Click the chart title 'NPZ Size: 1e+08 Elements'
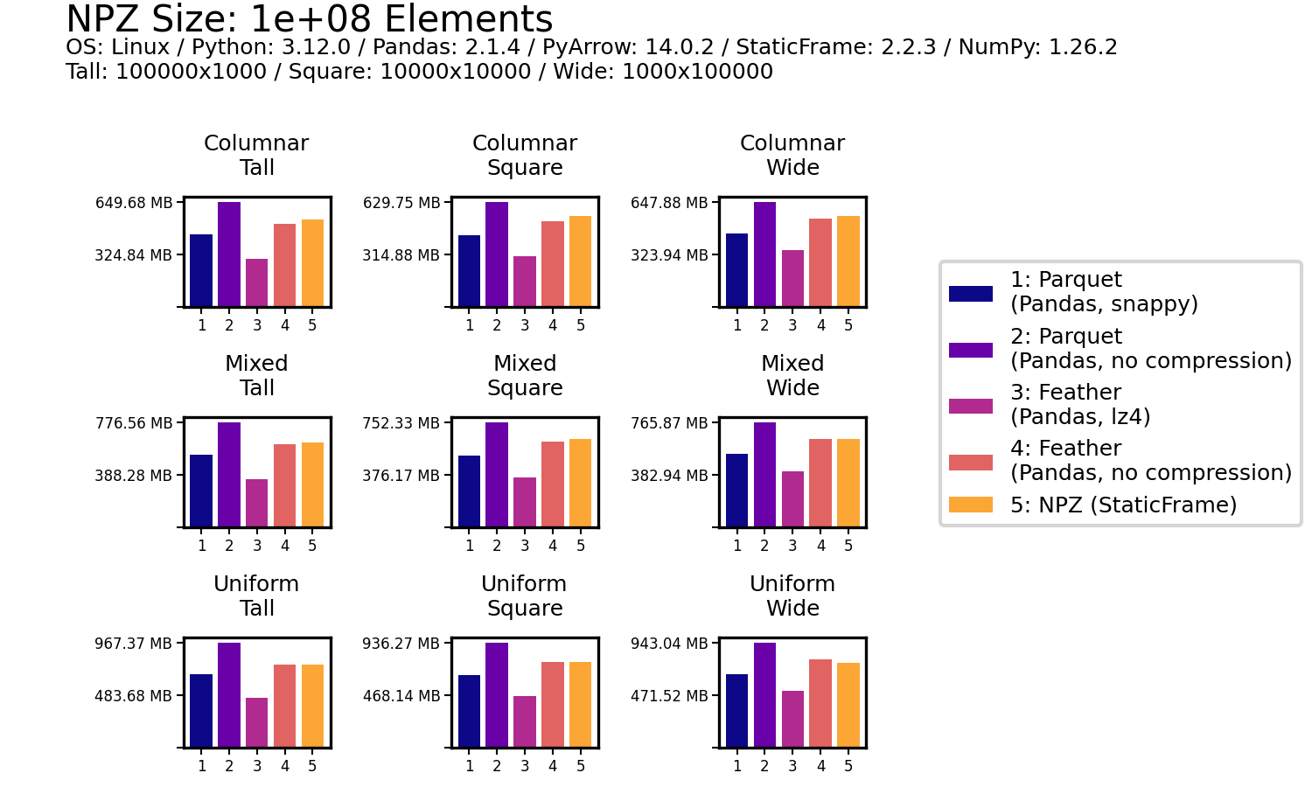coord(309,19)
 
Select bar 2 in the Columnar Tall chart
coord(229,254)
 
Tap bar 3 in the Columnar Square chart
coord(525,281)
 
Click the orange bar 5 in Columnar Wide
coord(848,261)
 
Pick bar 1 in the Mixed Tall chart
coord(201,491)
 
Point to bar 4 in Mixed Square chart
coord(553,484)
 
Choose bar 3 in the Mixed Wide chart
coord(792,498)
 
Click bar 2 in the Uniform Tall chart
coord(229,694)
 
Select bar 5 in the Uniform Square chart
coord(580,704)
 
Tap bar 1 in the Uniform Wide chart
coord(736,710)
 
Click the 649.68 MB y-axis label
coord(134,203)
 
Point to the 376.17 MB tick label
coord(401,476)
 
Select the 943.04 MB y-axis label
coord(669,644)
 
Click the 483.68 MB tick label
coord(134,696)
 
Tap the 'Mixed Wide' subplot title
coord(792,376)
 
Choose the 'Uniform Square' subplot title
coord(525,596)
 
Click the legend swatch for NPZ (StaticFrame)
coord(971,505)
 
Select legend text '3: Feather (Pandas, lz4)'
coord(1080,404)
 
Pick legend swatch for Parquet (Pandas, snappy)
coord(971,294)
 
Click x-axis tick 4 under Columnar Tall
coord(285,325)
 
